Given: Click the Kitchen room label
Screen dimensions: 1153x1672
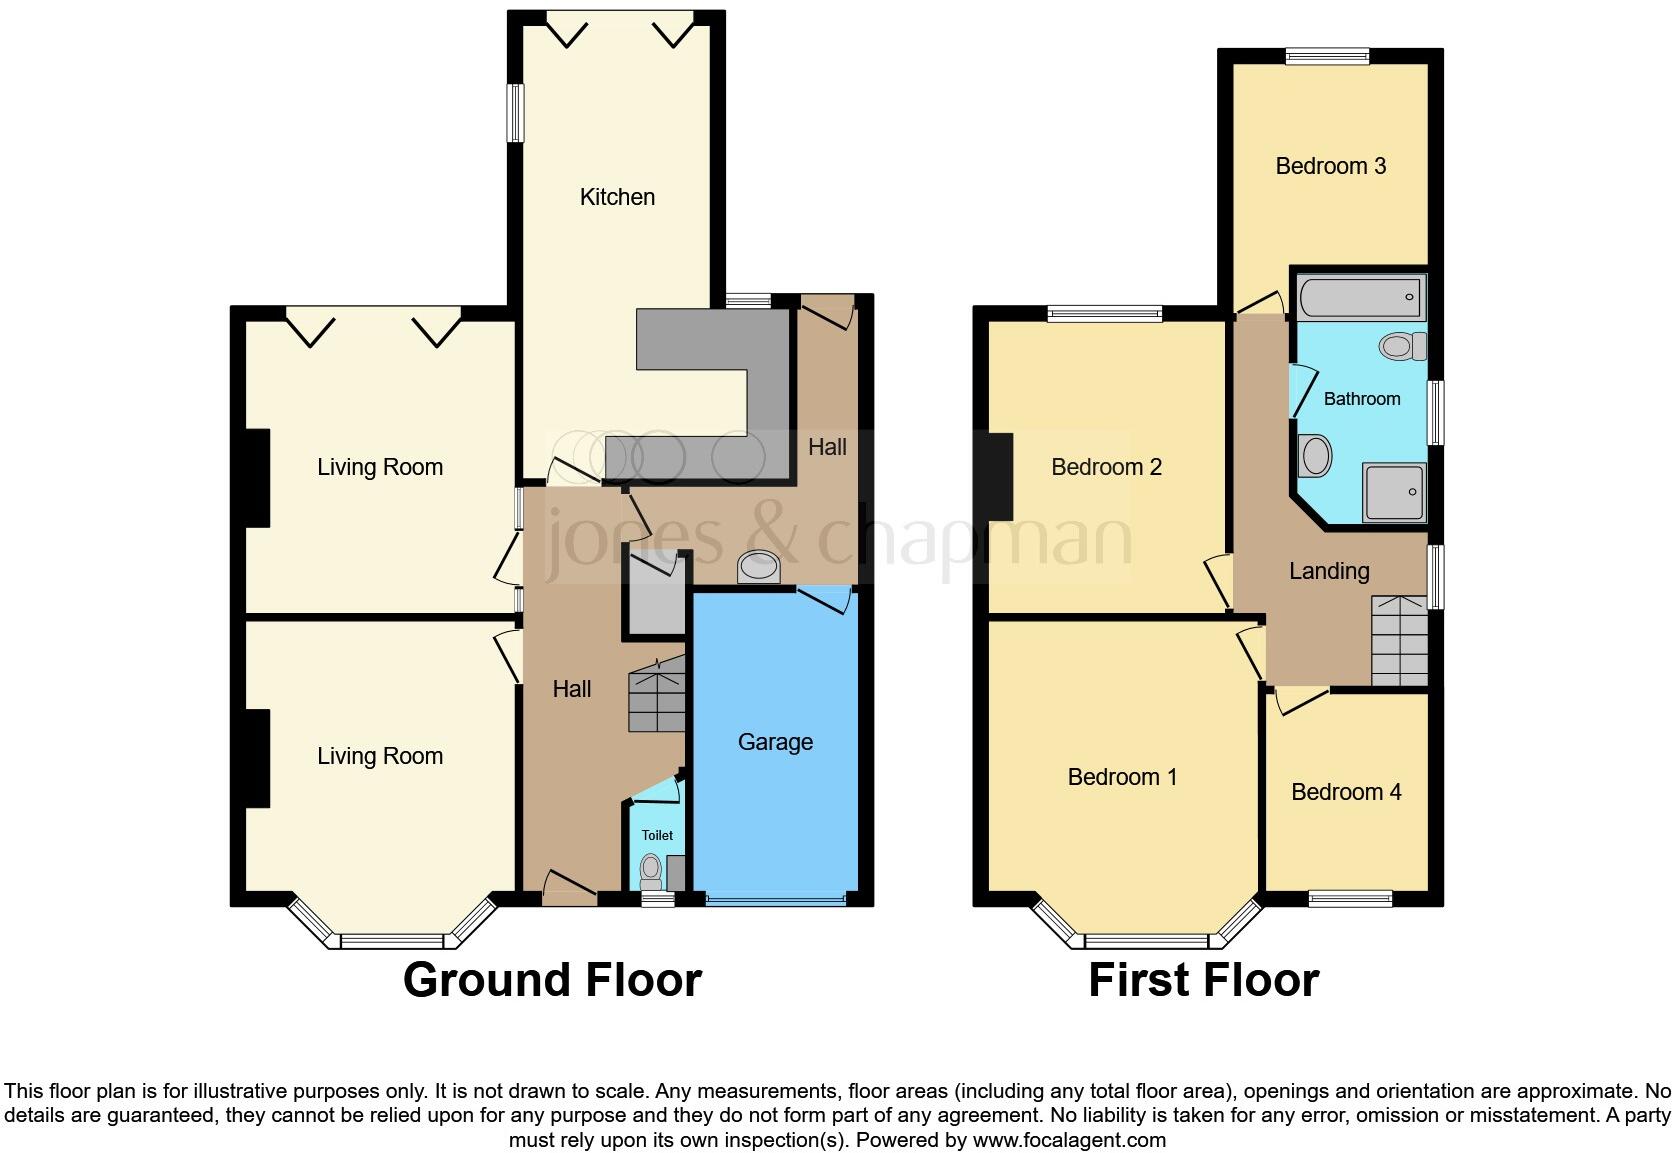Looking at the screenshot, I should (x=617, y=197).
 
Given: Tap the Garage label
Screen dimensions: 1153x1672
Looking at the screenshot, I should (x=775, y=742).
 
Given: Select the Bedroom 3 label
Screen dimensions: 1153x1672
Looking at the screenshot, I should (x=1330, y=166).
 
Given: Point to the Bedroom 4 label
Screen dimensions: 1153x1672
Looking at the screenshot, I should (x=1346, y=792).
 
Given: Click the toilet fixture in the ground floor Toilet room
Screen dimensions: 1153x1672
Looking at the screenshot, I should (x=651, y=870).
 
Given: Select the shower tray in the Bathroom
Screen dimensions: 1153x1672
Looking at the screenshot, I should (x=1394, y=492).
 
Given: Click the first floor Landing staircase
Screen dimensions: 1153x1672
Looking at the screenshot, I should (x=1399, y=640).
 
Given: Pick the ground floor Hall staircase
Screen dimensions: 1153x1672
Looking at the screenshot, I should (x=655, y=692).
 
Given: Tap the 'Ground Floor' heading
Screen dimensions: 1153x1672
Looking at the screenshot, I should (x=552, y=980).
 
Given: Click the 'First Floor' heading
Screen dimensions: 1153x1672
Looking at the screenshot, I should (x=1203, y=980).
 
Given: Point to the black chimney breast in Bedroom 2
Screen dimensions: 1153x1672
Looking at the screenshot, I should (x=1000, y=476).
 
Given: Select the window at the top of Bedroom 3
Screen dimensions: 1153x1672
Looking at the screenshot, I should (x=1327, y=57).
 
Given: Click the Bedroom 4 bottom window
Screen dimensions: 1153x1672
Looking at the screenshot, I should (x=1350, y=899).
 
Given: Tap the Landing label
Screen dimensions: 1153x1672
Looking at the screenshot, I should (x=1328, y=571).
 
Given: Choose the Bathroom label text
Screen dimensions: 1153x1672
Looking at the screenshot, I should (x=1361, y=399).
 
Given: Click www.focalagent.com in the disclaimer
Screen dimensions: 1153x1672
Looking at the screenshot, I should (x=1069, y=1140).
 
